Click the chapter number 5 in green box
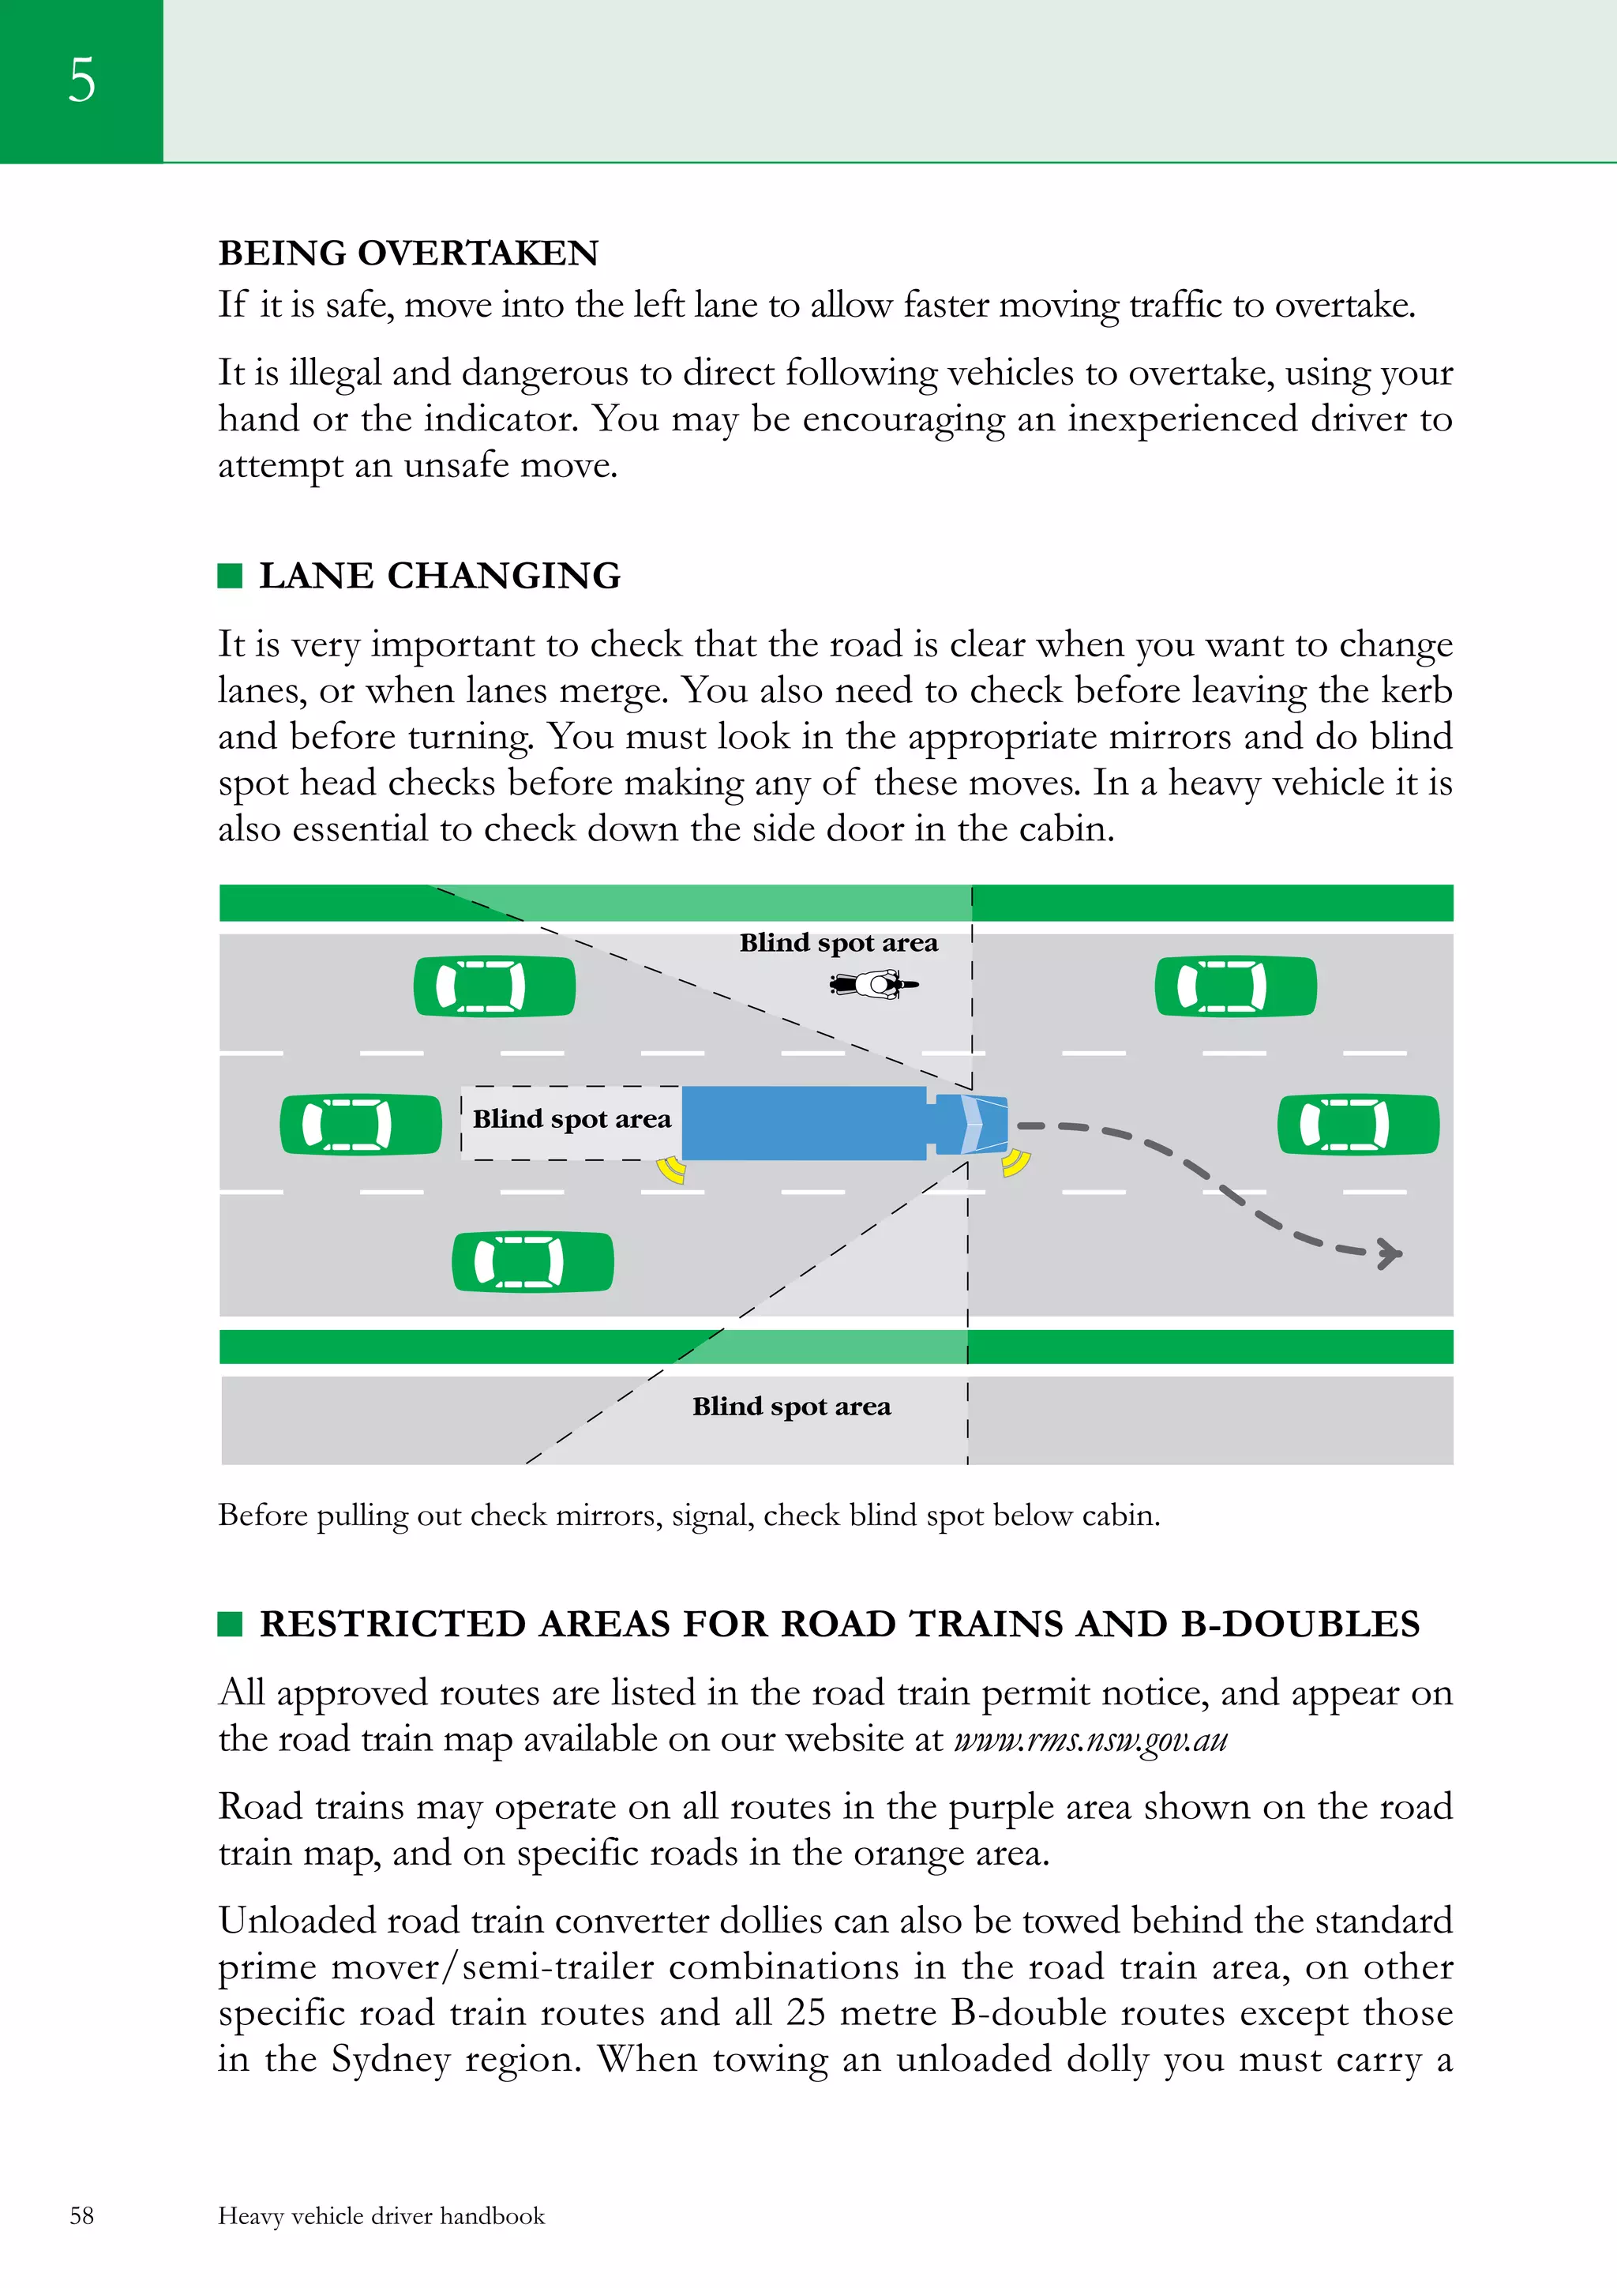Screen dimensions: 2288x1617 pyautogui.click(x=81, y=80)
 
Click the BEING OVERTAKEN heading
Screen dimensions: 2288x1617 pyautogui.click(x=407, y=253)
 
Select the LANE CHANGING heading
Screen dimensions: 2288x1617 pyautogui.click(x=439, y=576)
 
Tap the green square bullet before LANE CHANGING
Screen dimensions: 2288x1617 pyautogui.click(x=230, y=576)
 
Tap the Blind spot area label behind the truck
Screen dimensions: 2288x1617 pyautogui.click(x=571, y=1119)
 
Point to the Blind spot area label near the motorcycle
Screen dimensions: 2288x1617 pyautogui.click(x=838, y=943)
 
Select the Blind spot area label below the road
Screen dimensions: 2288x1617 pyautogui.click(x=791, y=1406)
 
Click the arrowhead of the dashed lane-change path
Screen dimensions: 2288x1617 pyautogui.click(x=1389, y=1253)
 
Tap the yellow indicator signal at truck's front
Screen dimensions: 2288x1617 pyautogui.click(x=1015, y=1162)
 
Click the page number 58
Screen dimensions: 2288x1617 pyautogui.click(x=81, y=2215)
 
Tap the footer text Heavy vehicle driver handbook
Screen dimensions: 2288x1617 pyautogui.click(x=381, y=2215)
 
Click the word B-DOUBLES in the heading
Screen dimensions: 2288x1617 pyautogui.click(x=1300, y=1625)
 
